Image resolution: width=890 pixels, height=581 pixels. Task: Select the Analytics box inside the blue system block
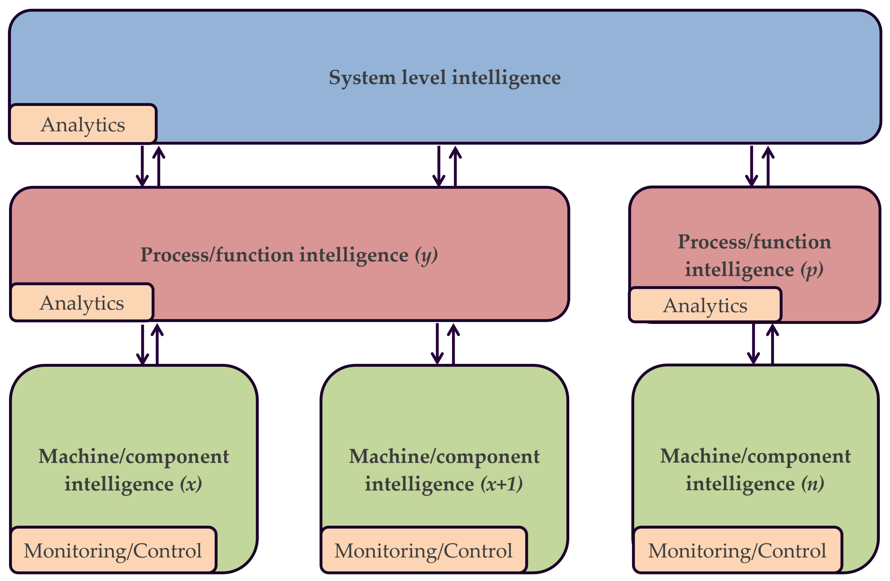click(83, 124)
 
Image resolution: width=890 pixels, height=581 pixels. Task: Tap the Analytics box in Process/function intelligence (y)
click(81, 302)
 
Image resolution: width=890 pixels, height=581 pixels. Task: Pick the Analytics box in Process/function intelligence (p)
click(705, 305)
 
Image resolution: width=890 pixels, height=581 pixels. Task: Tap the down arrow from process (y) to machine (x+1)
click(437, 344)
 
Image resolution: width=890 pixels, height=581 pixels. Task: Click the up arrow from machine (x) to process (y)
click(157, 344)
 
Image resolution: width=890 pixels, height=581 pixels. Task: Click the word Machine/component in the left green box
click(133, 456)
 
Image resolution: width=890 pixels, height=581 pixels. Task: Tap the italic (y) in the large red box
click(426, 255)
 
